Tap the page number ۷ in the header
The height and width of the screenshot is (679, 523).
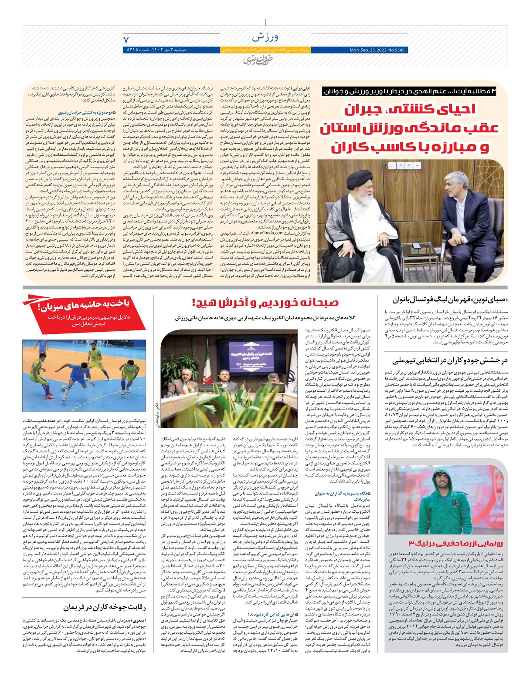(x=127, y=40)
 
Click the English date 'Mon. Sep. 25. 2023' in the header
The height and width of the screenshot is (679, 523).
(x=377, y=50)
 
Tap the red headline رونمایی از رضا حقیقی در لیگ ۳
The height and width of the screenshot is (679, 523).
(x=455, y=543)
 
